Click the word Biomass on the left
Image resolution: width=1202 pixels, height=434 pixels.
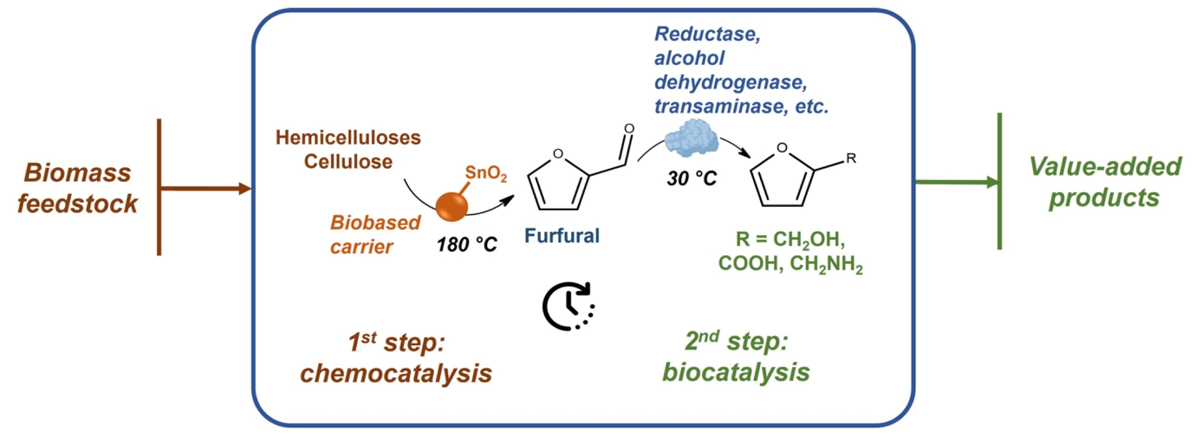(77, 173)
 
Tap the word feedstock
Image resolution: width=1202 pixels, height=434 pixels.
(77, 204)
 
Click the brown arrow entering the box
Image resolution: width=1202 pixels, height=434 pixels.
(207, 188)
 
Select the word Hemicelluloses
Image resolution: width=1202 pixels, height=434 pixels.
(348, 138)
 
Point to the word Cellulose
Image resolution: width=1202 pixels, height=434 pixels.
(348, 161)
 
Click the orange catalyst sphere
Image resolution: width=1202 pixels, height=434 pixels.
(451, 206)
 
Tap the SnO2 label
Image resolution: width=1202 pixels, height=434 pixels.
(485, 173)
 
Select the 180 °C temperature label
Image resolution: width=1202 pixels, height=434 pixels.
(466, 244)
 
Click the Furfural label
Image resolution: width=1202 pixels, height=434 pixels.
(562, 236)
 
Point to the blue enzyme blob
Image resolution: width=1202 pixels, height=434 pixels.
(691, 138)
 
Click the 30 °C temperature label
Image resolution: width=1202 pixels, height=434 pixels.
(691, 179)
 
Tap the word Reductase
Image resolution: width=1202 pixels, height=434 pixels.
(707, 34)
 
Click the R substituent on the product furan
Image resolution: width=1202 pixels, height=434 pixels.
(851, 158)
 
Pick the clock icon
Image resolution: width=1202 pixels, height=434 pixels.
(568, 306)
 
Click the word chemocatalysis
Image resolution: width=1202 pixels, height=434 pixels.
(396, 373)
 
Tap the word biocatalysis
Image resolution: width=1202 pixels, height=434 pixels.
(736, 372)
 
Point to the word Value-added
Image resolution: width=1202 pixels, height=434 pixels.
(1105, 167)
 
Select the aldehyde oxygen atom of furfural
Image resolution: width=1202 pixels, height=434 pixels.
(629, 129)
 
